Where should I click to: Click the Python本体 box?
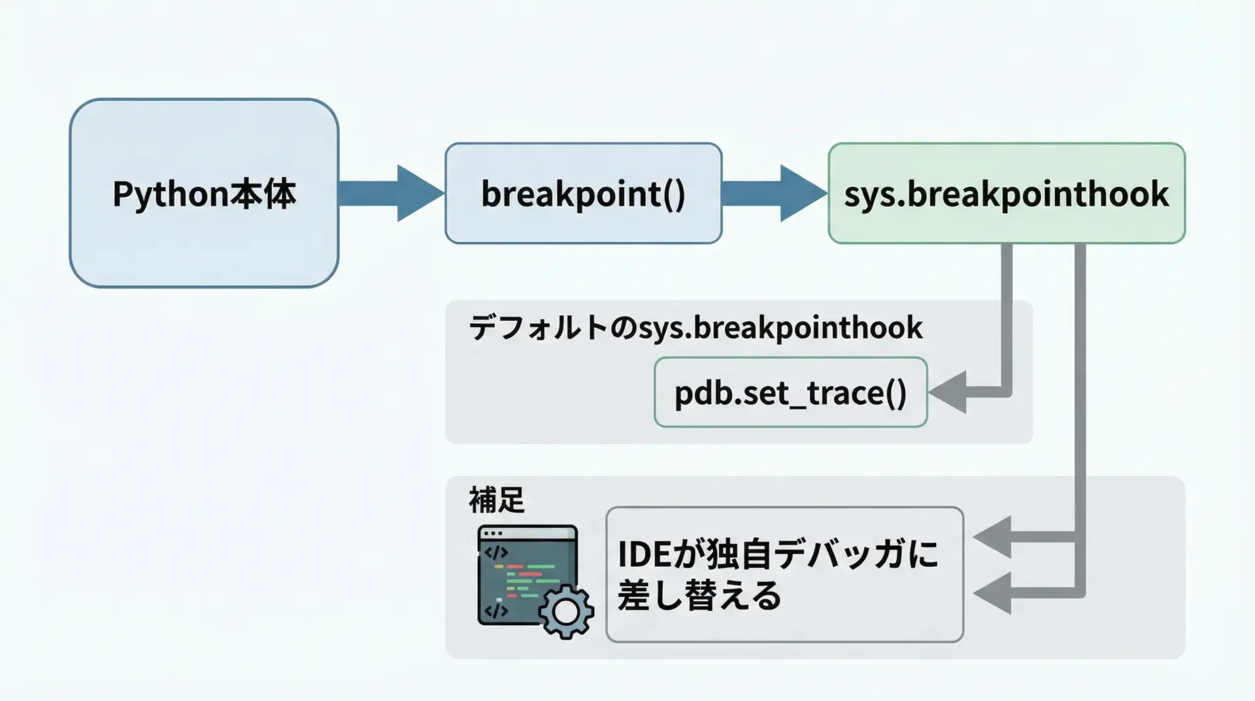click(x=204, y=193)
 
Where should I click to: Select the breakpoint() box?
click(x=583, y=194)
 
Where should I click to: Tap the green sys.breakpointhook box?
click(x=1006, y=194)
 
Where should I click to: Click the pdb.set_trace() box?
click(x=790, y=392)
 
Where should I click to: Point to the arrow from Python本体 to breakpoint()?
click(x=391, y=194)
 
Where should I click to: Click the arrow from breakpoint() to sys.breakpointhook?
click(x=775, y=194)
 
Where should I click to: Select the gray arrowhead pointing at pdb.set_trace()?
click(x=949, y=392)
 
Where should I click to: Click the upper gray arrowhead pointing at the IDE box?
click(x=994, y=537)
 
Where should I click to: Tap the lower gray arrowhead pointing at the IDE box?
click(x=994, y=593)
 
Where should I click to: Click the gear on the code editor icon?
click(x=566, y=611)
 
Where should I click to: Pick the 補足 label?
click(x=497, y=500)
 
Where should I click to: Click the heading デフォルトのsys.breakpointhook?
click(x=695, y=328)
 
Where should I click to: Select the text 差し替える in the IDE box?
click(x=699, y=595)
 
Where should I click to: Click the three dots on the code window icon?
click(x=493, y=533)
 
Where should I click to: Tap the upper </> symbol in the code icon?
click(x=495, y=553)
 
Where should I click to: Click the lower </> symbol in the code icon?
click(x=496, y=611)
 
